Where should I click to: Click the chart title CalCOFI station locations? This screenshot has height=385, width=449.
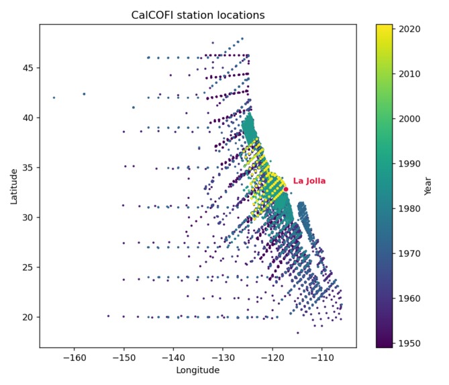[198, 15]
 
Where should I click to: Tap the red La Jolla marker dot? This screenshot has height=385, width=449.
[285, 189]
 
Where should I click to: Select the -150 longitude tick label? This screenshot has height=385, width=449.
[123, 358]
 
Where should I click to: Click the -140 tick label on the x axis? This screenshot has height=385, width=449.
[173, 358]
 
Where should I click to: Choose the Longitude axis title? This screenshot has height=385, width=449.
[198, 370]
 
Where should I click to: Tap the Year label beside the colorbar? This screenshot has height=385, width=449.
[428, 186]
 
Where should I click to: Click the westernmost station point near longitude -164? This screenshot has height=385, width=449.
[54, 97]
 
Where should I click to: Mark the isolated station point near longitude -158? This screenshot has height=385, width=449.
[84, 94]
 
